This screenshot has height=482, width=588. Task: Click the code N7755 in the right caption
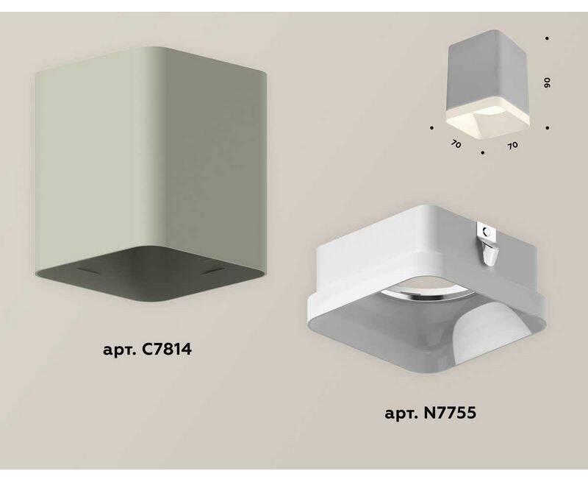pos(449,414)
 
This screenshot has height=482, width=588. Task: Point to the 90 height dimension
pos(547,83)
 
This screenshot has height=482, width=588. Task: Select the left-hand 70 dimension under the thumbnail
pos(456,144)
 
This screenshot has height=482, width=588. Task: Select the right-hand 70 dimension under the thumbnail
pos(512,145)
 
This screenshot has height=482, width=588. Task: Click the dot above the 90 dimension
pos(548,38)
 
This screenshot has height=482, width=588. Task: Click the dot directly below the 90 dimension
pos(548,128)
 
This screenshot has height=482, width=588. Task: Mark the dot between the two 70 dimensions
pos(483,153)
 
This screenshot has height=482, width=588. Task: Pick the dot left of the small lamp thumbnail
pos(432,128)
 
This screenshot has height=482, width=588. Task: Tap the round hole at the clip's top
pos(487,231)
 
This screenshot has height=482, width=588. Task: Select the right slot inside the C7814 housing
pos(213,271)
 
